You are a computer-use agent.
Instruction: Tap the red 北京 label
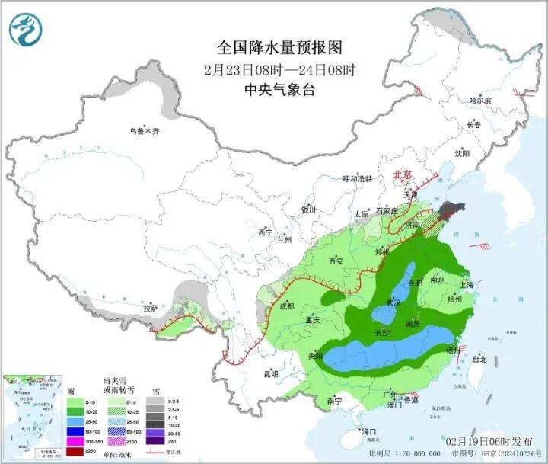point(402,174)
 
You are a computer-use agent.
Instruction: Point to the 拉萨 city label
point(150,308)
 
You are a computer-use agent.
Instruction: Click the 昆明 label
point(272,373)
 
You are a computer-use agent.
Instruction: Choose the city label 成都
point(285,306)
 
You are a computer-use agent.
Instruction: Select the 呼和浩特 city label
point(358,179)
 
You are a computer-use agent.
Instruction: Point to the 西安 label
point(336,261)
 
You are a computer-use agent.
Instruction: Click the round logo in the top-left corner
point(26,28)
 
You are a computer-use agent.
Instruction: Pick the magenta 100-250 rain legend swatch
point(75,442)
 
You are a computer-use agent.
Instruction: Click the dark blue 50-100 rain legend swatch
point(75,431)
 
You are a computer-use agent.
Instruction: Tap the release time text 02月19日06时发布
point(491,441)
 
